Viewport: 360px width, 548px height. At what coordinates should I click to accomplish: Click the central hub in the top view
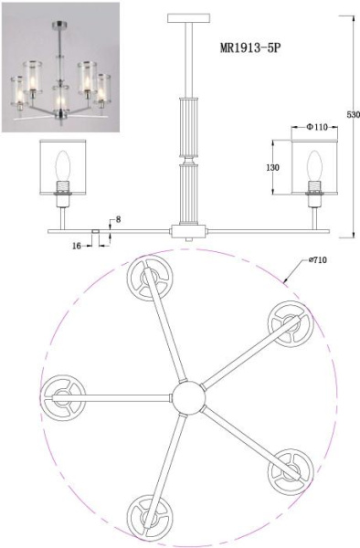188,398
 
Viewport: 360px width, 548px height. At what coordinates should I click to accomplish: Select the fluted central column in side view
189,155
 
